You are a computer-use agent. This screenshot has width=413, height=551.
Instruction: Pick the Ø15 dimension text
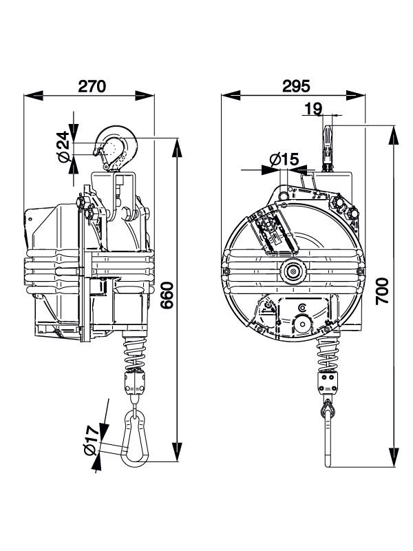(x=284, y=159)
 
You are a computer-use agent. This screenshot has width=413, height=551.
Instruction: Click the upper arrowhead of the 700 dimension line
(x=395, y=134)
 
